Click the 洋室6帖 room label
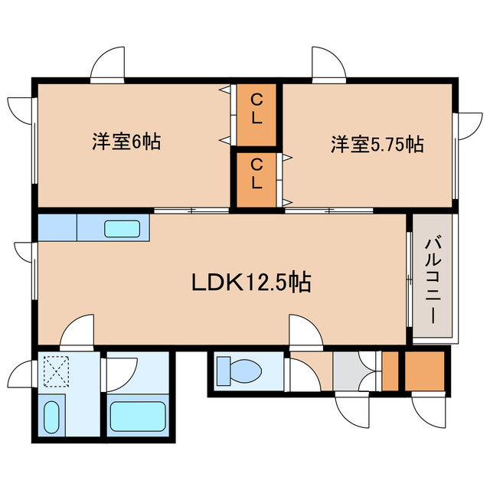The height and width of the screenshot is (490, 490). (126, 142)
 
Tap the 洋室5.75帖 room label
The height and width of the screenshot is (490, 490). (377, 145)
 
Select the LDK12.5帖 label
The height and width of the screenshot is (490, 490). (251, 283)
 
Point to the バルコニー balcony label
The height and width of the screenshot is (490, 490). (433, 280)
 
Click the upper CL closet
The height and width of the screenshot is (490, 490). (256, 114)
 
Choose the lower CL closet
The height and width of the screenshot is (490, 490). (256, 180)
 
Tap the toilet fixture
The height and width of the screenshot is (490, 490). (239, 371)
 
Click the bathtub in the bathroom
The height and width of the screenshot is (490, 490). (138, 416)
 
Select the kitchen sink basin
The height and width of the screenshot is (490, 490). (122, 228)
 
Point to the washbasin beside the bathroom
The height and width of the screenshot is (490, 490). (51, 417)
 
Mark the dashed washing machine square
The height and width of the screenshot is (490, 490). (56, 371)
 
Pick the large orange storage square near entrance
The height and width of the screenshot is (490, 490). (425, 371)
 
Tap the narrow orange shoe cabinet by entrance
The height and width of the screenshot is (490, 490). (390, 371)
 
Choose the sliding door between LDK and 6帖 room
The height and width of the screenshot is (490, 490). (191, 211)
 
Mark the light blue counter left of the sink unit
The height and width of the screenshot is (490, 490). (57, 227)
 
